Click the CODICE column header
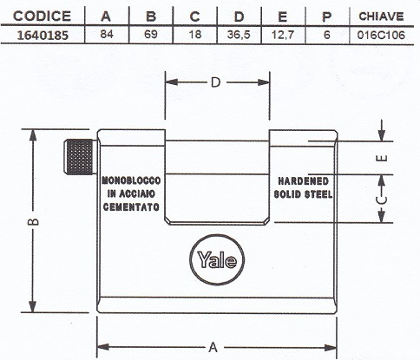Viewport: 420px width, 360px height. point(42,16)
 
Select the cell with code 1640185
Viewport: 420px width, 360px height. point(43,35)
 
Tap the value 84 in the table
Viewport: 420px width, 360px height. point(107,34)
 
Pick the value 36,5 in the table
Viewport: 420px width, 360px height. point(239,35)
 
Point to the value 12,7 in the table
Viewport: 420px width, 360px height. point(283,35)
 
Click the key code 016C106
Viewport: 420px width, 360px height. point(381,35)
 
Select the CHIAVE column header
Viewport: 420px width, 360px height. point(381,16)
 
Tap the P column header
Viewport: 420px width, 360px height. point(327,16)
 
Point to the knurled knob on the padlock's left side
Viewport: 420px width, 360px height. point(80,157)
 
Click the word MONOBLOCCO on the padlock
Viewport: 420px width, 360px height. point(131,180)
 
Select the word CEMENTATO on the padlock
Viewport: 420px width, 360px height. point(131,206)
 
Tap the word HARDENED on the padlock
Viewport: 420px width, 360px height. point(303,181)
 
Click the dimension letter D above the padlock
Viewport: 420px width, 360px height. point(216,82)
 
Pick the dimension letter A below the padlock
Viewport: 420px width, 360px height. point(213,347)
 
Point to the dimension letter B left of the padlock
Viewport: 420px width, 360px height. point(33,221)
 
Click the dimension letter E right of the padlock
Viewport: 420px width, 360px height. point(382,158)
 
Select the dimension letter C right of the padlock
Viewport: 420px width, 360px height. point(382,200)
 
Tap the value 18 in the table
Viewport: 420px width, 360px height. point(194,34)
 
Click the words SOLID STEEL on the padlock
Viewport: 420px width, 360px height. point(303,194)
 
